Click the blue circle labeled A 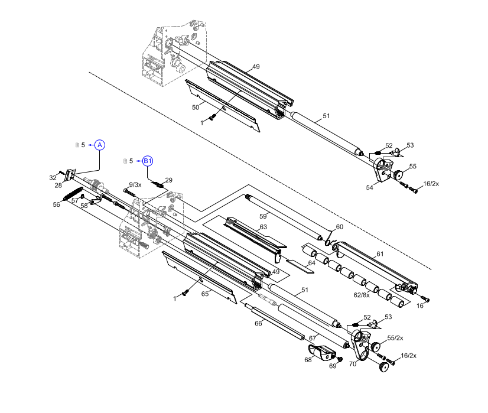pyautogui.click(x=100, y=145)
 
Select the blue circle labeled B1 pyautogui.click(x=148, y=161)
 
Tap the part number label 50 pyautogui.click(x=196, y=108)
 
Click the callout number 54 pyautogui.click(x=370, y=187)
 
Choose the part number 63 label pyautogui.click(x=263, y=227)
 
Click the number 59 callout pyautogui.click(x=263, y=216)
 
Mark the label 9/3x pyautogui.click(x=135, y=185)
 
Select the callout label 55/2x pyautogui.click(x=395, y=338)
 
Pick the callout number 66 pyautogui.click(x=258, y=323)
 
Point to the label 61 pyautogui.click(x=380, y=254)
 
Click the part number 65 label pyautogui.click(x=205, y=294)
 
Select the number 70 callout pyautogui.click(x=352, y=364)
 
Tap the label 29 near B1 pyautogui.click(x=168, y=180)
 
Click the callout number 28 pyautogui.click(x=58, y=186)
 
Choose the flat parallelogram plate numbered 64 pyautogui.click(x=299, y=264)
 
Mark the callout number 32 pyautogui.click(x=53, y=177)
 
